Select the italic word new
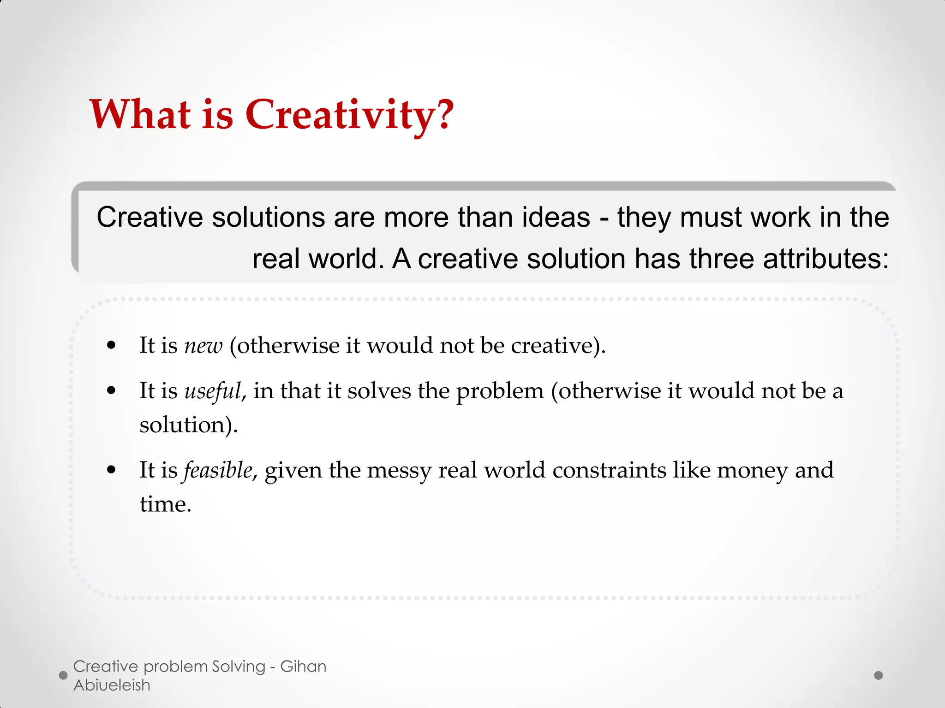pos(203,346)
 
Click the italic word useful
pos(213,391)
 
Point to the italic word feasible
pos(218,471)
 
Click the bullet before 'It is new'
pos(111,345)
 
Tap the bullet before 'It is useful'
pos(111,391)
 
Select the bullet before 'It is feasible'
pos(111,470)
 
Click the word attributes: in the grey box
pos(825,259)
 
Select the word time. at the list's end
pos(165,504)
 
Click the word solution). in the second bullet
pos(188,425)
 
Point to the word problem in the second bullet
pos(500,391)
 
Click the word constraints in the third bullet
pos(609,471)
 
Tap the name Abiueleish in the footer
pos(112,685)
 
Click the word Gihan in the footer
pos(303,667)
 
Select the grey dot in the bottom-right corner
pos(879,675)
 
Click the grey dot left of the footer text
pos(64,675)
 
